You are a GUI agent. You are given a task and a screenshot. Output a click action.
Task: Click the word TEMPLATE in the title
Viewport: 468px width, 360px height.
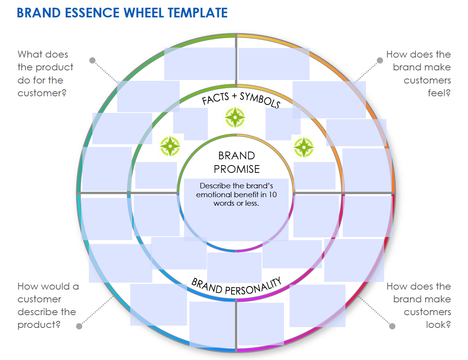tap(197, 13)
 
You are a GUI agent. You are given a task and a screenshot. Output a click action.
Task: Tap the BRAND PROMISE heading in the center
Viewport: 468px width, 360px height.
tap(237, 162)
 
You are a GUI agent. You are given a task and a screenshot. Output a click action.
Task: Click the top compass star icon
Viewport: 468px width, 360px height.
tap(235, 117)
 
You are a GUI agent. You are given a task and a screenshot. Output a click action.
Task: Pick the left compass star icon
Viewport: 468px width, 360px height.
tap(170, 146)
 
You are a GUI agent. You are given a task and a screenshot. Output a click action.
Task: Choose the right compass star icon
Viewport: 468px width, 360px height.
tap(304, 147)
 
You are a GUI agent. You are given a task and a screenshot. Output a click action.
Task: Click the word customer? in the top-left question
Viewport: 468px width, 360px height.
tap(42, 93)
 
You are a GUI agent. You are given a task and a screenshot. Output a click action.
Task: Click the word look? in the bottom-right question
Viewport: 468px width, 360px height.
tap(438, 325)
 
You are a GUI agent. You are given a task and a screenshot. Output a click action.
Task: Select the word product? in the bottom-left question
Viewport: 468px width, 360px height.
tap(39, 325)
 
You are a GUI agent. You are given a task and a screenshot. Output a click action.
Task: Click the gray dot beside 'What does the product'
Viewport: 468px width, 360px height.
tap(92, 60)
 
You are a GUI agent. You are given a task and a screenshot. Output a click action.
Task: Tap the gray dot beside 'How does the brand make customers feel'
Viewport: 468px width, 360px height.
tap(380, 60)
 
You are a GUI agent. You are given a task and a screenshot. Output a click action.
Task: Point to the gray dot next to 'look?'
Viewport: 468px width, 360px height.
tap(392, 326)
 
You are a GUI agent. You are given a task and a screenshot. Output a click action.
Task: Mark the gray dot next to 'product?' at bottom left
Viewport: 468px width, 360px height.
tap(79, 326)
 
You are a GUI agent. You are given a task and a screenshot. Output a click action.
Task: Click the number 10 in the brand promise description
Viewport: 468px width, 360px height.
tap(273, 195)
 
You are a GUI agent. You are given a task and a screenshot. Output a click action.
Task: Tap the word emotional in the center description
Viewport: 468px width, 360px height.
tap(213, 195)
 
